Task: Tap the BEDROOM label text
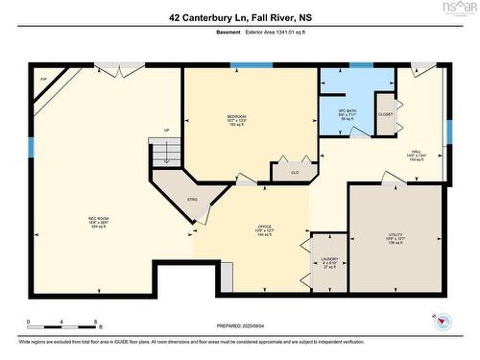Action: pyautogui.click(x=236, y=116)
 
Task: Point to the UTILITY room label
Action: pyautogui.click(x=396, y=233)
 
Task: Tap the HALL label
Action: pyautogui.click(x=416, y=151)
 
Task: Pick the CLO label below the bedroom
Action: pyautogui.click(x=296, y=173)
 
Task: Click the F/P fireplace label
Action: pyautogui.click(x=43, y=80)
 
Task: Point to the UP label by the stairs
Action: pyautogui.click(x=166, y=131)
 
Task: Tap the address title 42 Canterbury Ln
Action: pyautogui.click(x=239, y=16)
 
